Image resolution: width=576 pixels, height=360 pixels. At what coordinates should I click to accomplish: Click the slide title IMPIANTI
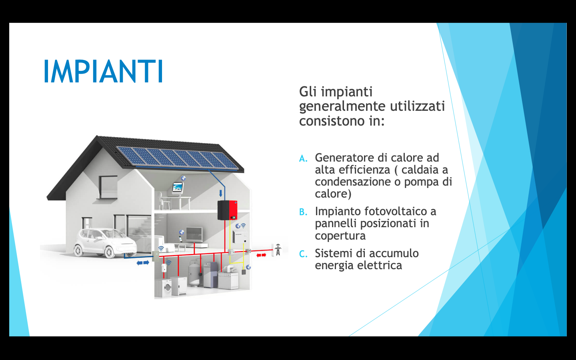tap(103, 71)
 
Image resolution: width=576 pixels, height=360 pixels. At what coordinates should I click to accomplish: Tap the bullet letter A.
tap(303, 159)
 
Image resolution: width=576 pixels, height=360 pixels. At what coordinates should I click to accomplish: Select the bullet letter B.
tap(303, 212)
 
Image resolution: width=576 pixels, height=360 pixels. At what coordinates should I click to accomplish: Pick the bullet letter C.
tap(303, 254)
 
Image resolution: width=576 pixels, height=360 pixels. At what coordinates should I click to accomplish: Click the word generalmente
tap(342, 107)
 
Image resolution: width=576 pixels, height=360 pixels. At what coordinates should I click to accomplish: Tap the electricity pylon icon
tap(278, 250)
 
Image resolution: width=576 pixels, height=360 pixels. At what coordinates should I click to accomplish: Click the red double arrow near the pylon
tap(261, 255)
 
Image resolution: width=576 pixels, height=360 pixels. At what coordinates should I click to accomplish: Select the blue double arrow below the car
tap(143, 263)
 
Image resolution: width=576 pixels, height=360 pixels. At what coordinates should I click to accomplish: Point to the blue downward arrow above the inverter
tap(220, 193)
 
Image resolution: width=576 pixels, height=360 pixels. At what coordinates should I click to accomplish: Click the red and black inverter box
tap(227, 210)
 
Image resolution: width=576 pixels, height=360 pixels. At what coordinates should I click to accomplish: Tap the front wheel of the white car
tap(109, 252)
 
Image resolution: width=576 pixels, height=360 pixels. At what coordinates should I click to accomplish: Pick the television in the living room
tap(194, 234)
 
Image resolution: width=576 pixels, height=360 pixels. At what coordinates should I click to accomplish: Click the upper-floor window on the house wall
tap(108, 187)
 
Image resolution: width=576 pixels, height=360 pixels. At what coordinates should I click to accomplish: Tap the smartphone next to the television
tap(180, 239)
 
